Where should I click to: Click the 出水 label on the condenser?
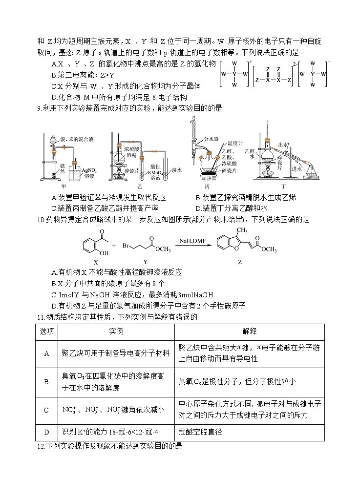[x=283, y=145]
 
